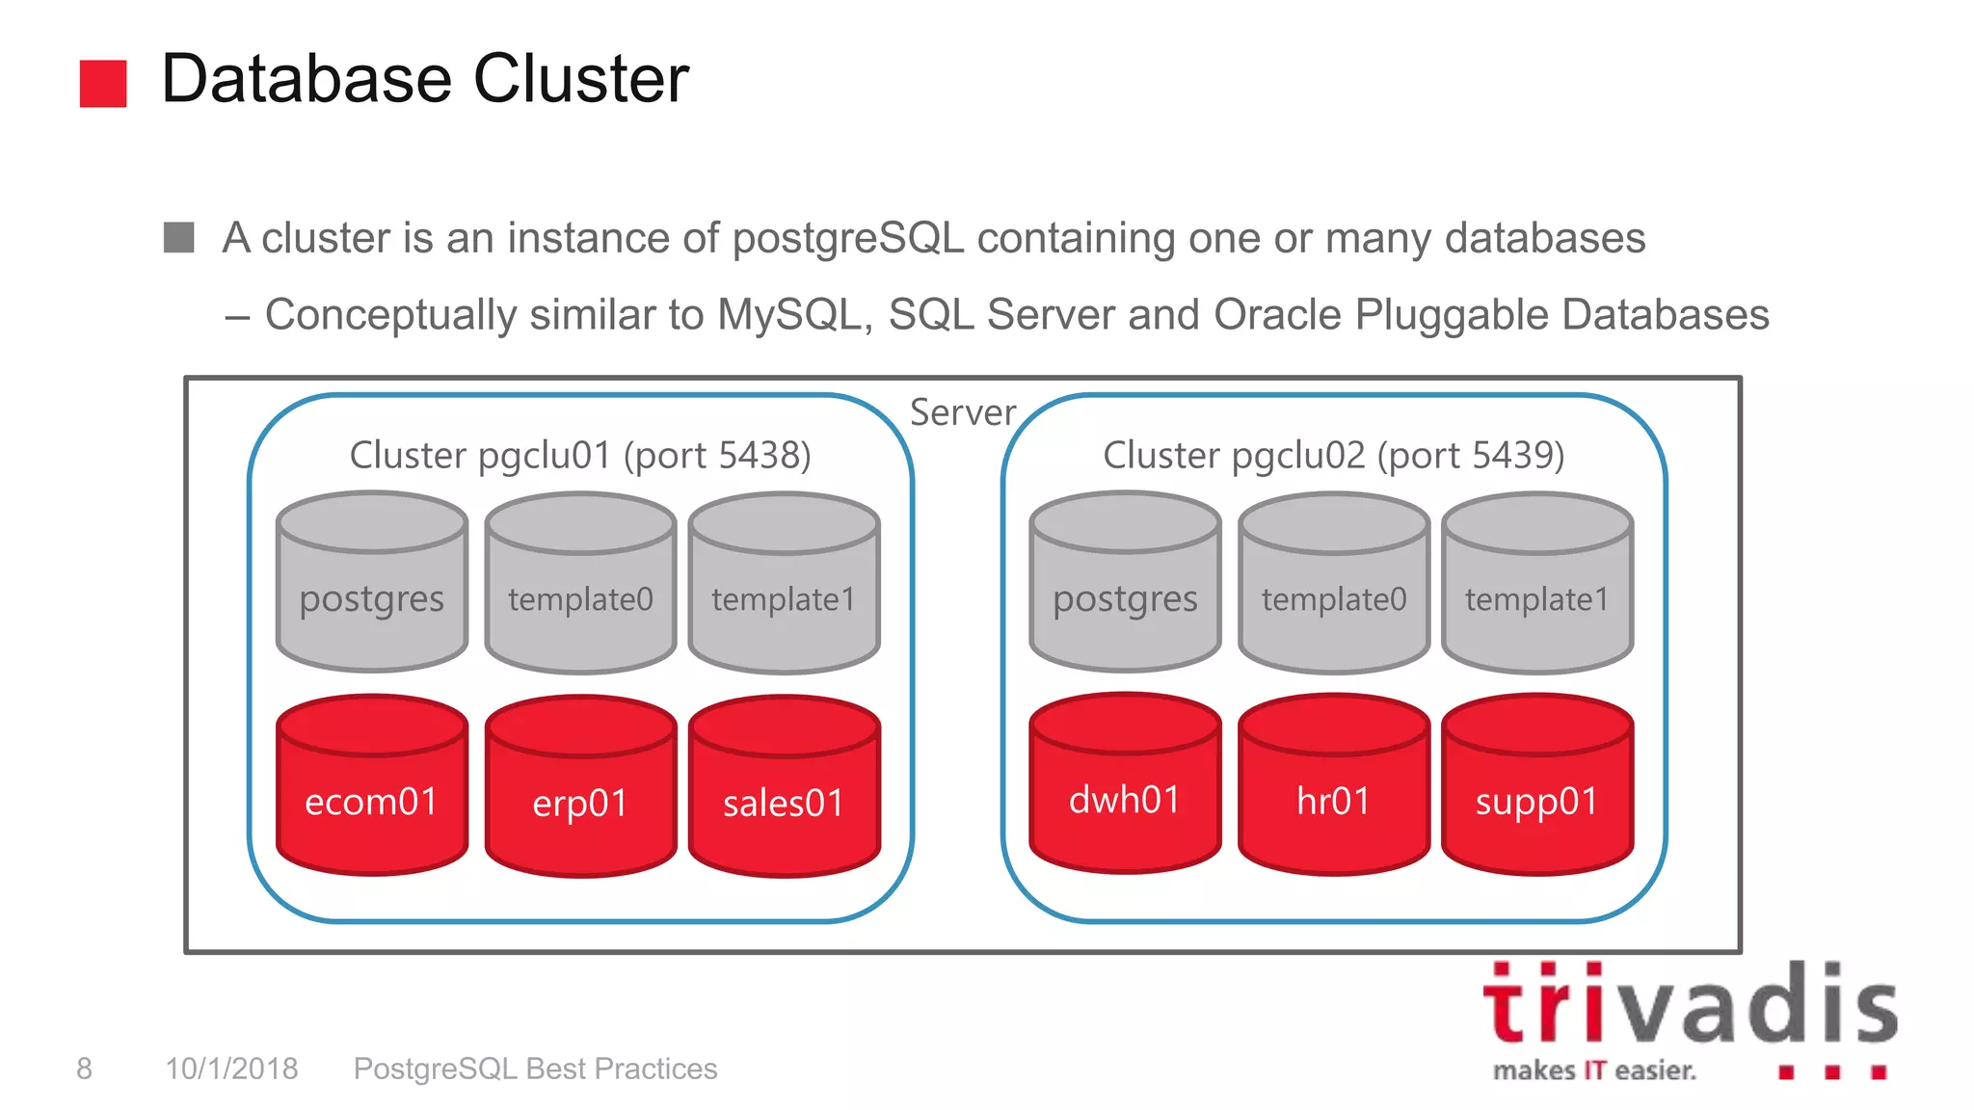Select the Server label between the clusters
click(x=962, y=412)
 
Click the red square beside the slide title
click(x=103, y=83)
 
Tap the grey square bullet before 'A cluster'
click(x=179, y=237)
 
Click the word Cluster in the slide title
click(x=580, y=79)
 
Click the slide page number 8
click(x=85, y=1069)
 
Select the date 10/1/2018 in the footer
click(x=231, y=1069)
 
